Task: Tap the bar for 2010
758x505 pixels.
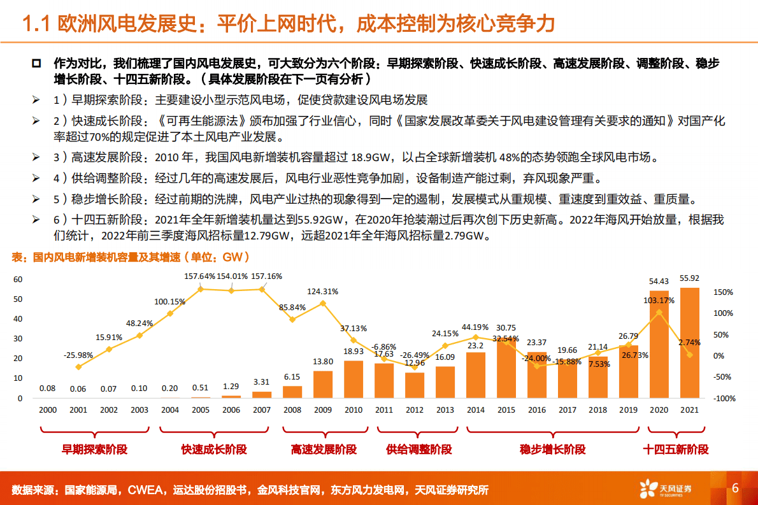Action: [x=354, y=380]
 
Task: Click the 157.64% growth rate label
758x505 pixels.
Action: [x=200, y=276]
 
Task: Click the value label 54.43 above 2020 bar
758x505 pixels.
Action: [x=658, y=281]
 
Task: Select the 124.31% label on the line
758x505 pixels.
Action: [x=322, y=291]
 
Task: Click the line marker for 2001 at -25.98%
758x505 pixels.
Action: [x=78, y=367]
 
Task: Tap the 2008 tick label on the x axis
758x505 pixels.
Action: [x=292, y=411]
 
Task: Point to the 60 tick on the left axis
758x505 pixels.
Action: [x=18, y=279]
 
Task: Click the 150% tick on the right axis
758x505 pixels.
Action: [x=724, y=292]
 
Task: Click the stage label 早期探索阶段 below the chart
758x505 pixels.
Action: [x=94, y=450]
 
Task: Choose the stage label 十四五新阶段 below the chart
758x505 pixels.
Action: [x=675, y=450]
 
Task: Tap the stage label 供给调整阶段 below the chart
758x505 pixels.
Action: [x=418, y=450]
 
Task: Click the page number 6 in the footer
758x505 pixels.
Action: [x=735, y=488]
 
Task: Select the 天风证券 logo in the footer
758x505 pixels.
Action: [x=666, y=489]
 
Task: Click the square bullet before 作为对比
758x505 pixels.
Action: [x=36, y=64]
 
